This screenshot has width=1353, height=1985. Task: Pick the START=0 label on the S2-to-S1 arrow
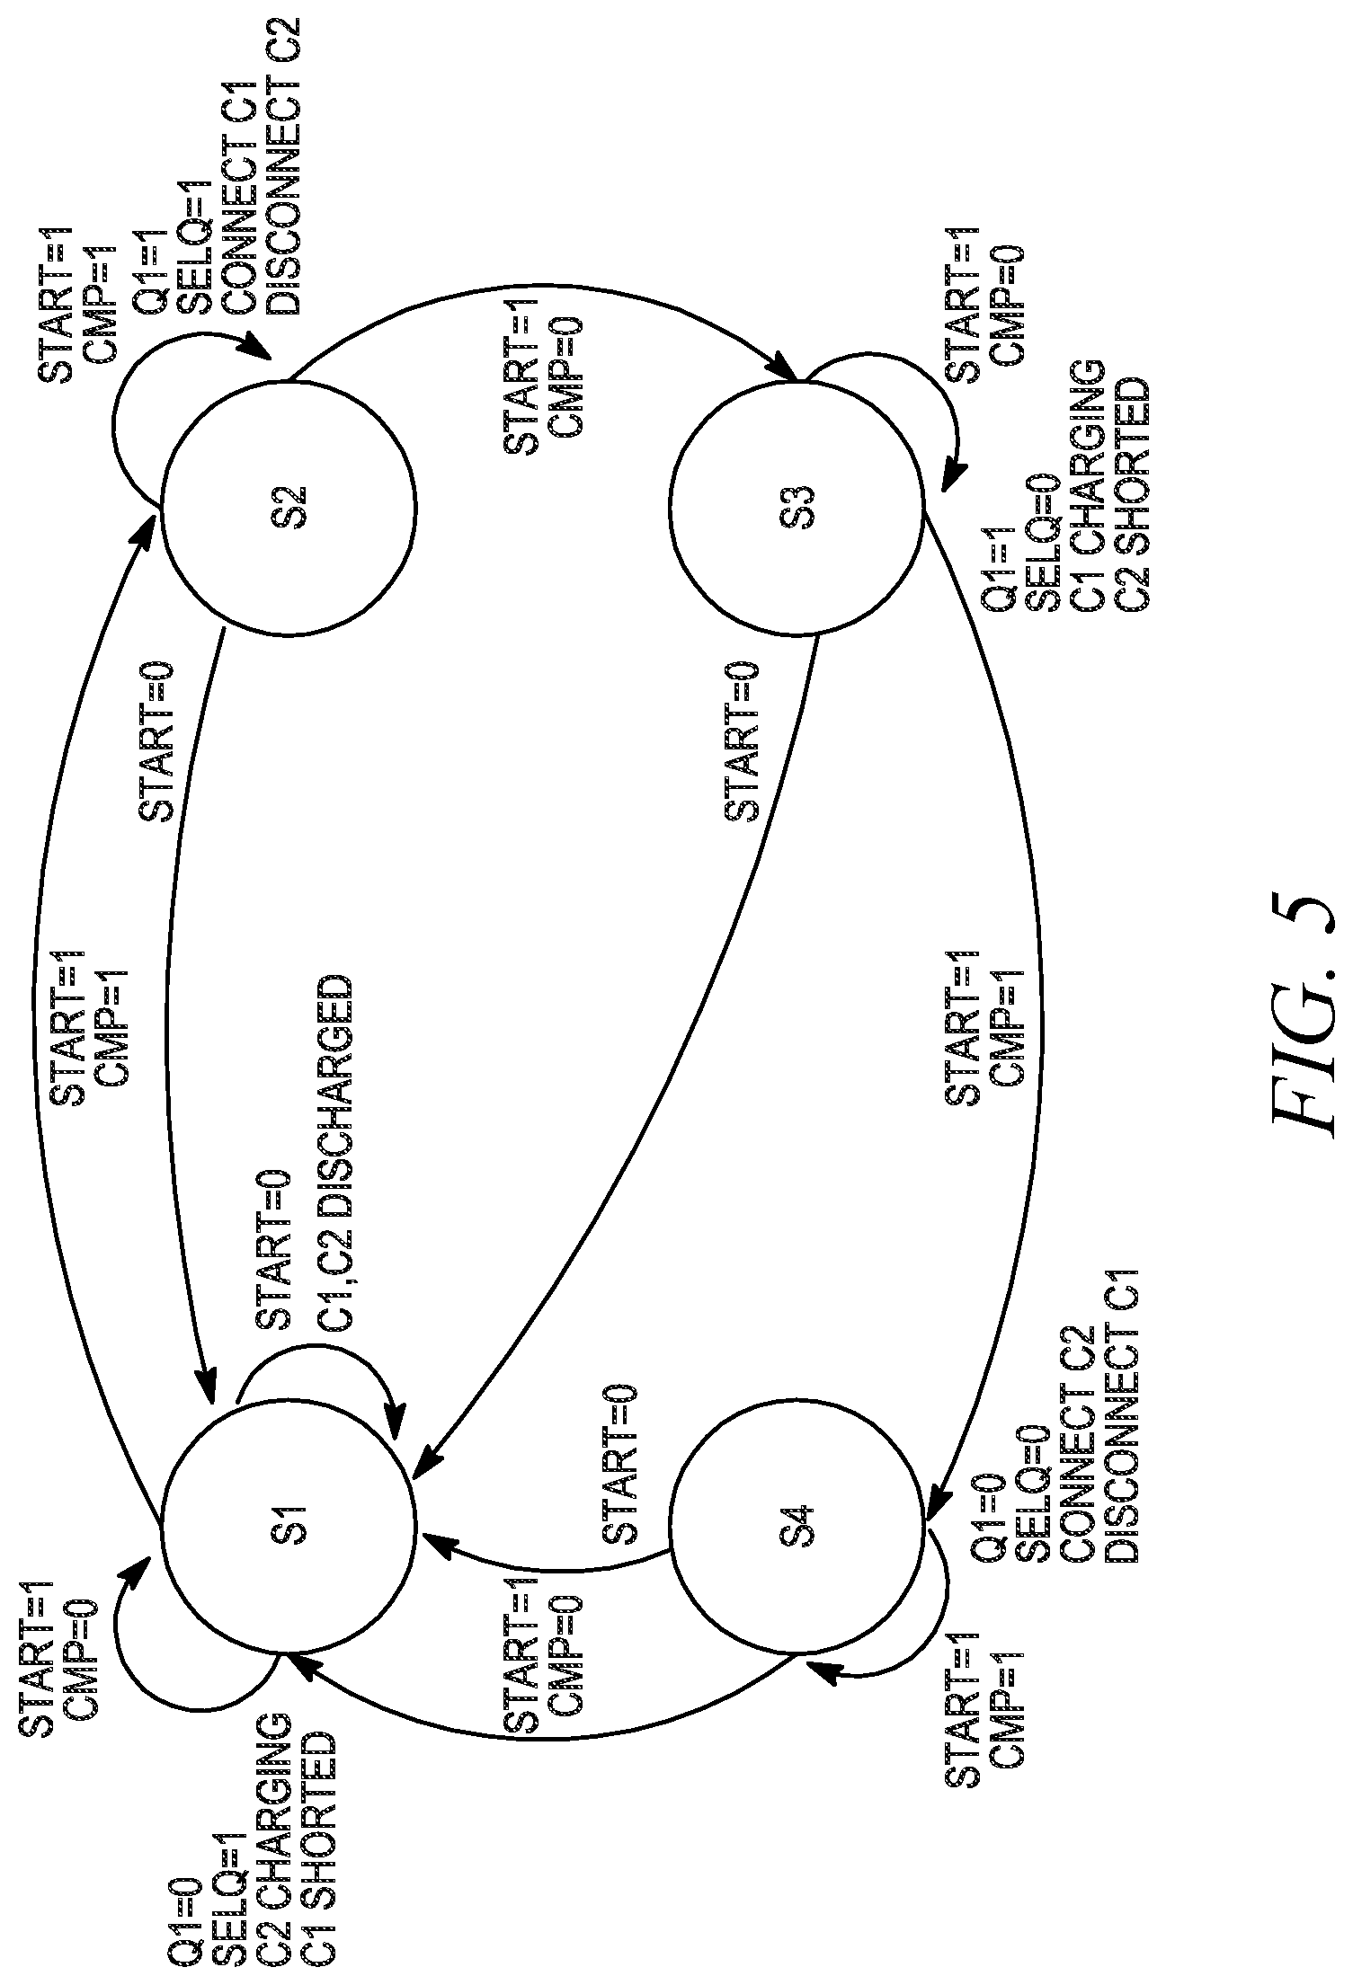(156, 741)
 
